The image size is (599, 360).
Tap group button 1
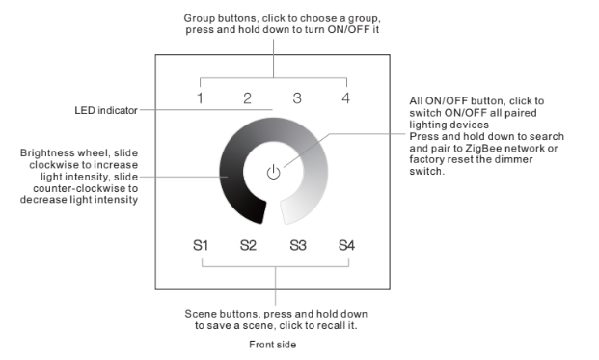[x=200, y=98]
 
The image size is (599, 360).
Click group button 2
[x=248, y=98]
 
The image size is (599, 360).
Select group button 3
[x=297, y=98]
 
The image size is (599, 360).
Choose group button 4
[x=345, y=98]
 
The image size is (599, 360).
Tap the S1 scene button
[x=201, y=245]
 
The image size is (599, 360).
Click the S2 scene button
[x=248, y=245]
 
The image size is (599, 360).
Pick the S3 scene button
[x=298, y=245]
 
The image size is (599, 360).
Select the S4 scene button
[x=346, y=245]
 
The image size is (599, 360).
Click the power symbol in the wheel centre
[x=274, y=172]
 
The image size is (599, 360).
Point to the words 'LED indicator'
[x=106, y=110]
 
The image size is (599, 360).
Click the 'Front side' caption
[x=272, y=345]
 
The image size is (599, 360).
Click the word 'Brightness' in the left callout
[x=46, y=153]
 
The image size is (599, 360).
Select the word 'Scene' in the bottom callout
[x=198, y=314]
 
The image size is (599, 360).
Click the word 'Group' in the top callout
[x=199, y=18]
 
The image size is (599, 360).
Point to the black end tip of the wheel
[x=263, y=211]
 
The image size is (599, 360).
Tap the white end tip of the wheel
[x=284, y=211]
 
